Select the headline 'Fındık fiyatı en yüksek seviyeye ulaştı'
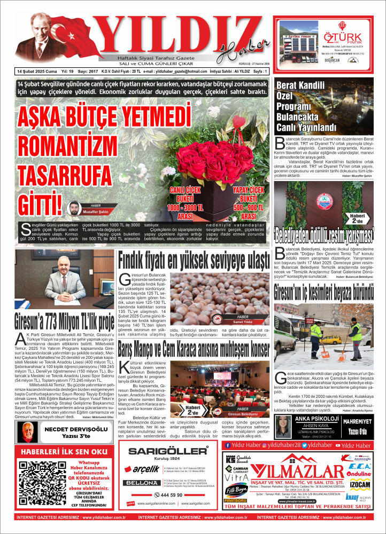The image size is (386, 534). coord(194,261)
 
